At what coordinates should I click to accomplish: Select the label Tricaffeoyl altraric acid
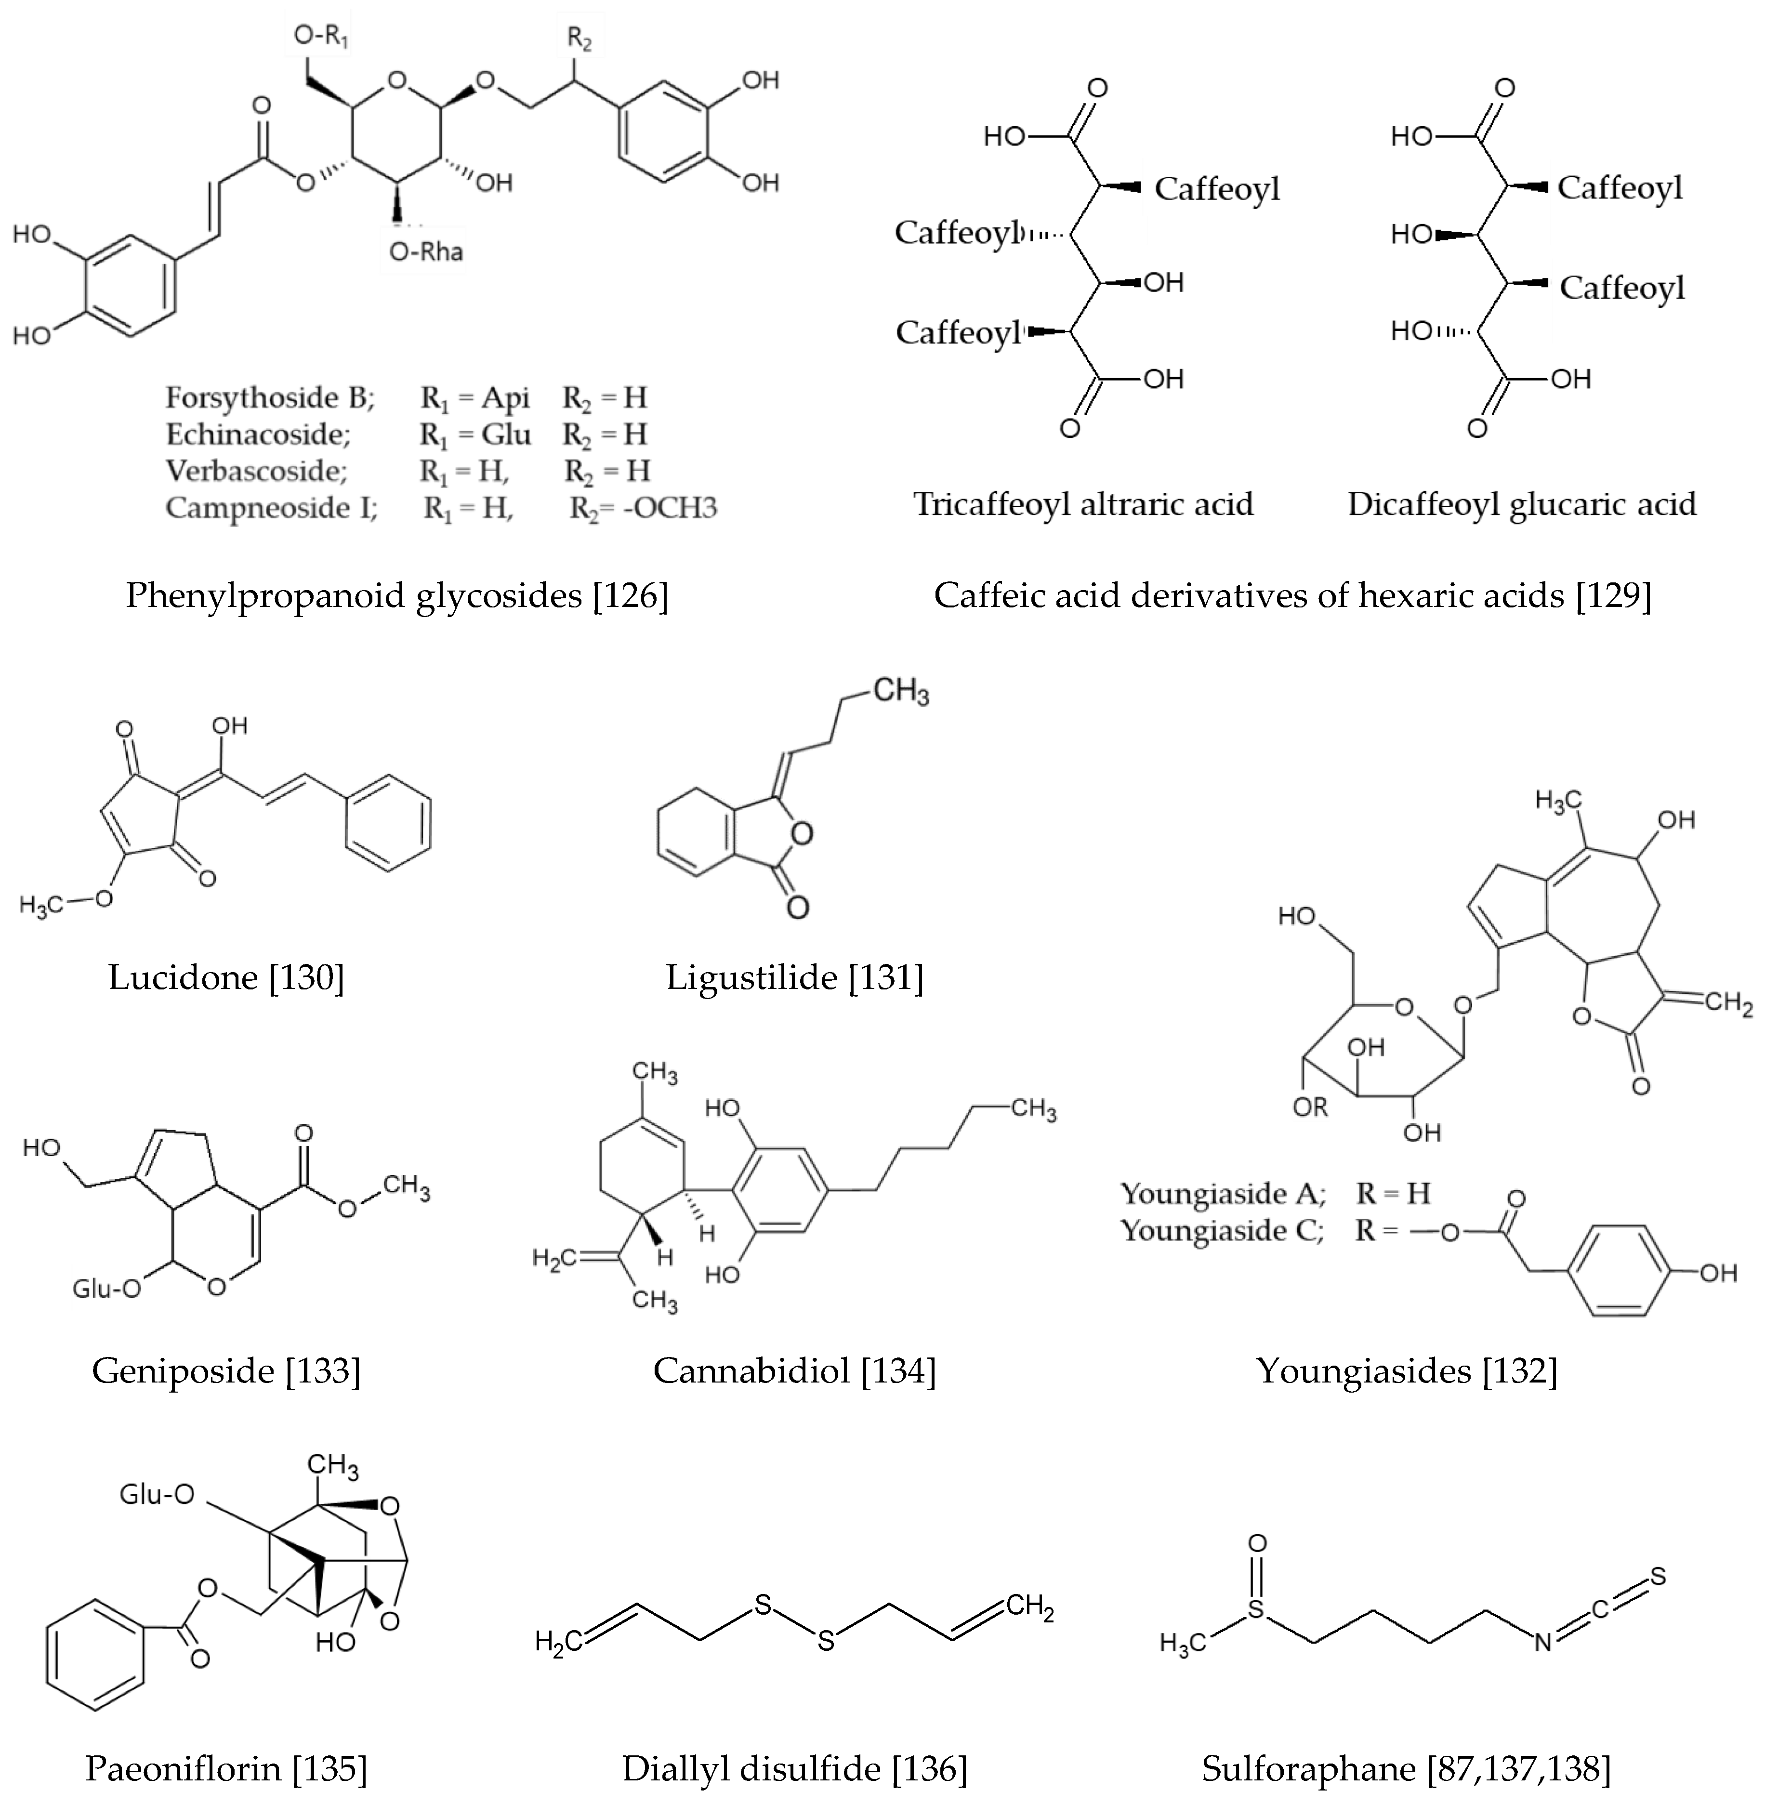(1083, 504)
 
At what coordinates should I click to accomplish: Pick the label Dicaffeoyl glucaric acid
(1521, 504)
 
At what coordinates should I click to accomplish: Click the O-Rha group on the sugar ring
(425, 252)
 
